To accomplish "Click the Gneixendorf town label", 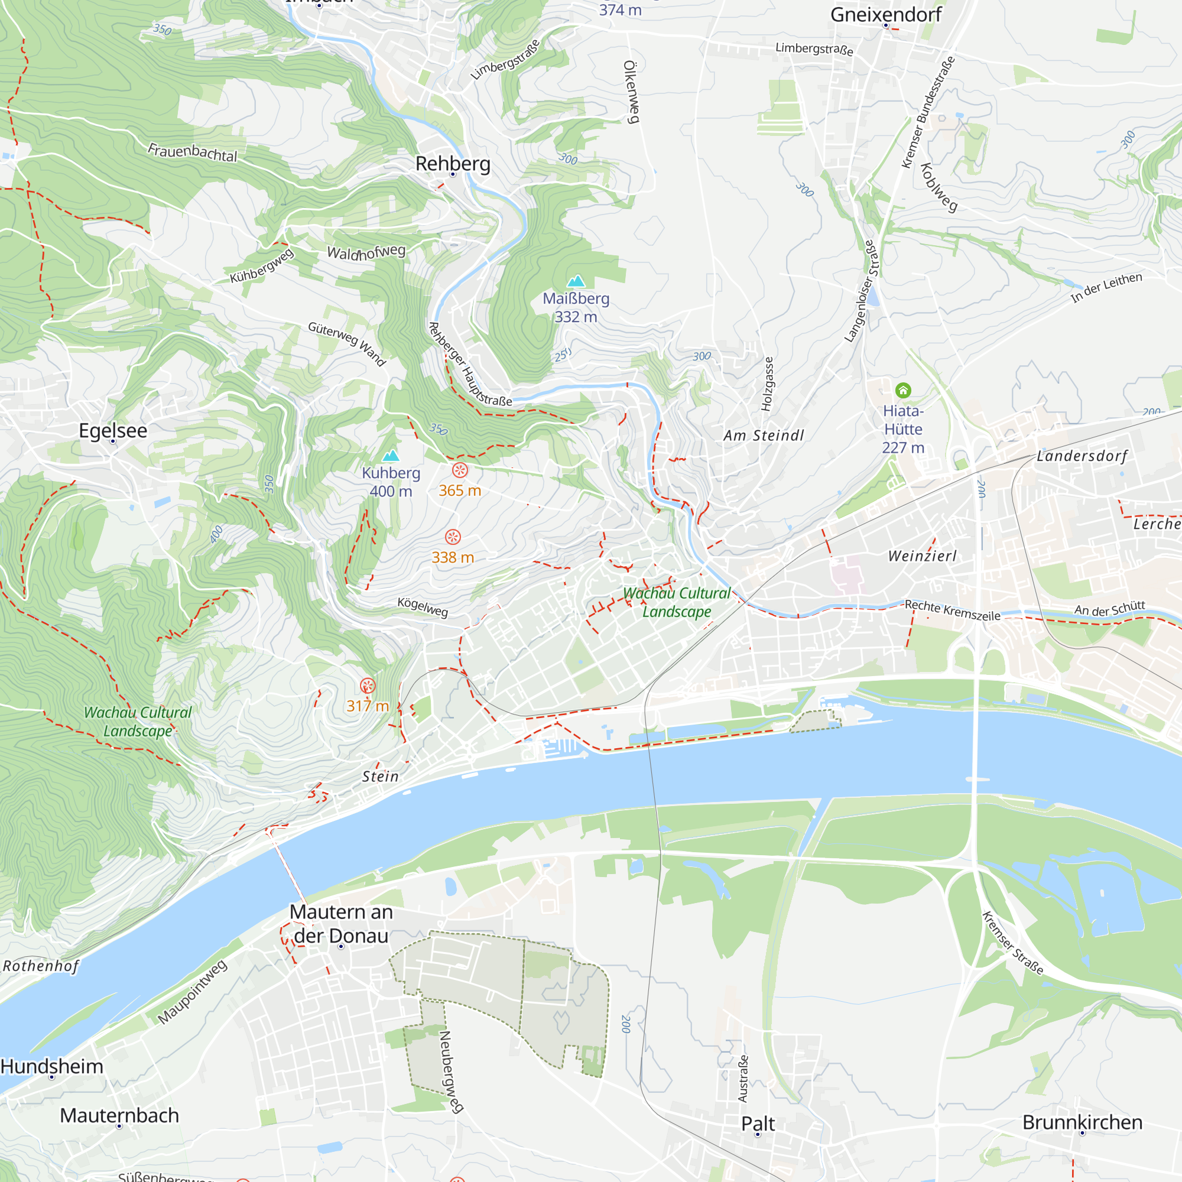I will pyautogui.click(x=885, y=15).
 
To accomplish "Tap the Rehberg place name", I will pyautogui.click(x=453, y=163).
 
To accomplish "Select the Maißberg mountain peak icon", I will pyautogui.click(x=576, y=281).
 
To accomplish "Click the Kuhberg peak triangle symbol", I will pyautogui.click(x=390, y=455).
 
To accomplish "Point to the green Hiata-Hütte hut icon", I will pyautogui.click(x=903, y=390).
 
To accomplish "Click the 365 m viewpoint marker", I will pyautogui.click(x=460, y=470).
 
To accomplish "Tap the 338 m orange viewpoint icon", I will pyautogui.click(x=453, y=537).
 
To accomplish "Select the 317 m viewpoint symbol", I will pyautogui.click(x=368, y=685).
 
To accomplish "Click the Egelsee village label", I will pyautogui.click(x=113, y=430).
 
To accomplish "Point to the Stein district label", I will pyautogui.click(x=380, y=777).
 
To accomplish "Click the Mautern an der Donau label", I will pyautogui.click(x=341, y=923).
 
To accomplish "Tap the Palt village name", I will pyautogui.click(x=758, y=1123).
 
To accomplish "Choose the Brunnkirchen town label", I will pyautogui.click(x=1082, y=1122).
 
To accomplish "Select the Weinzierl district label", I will pyautogui.click(x=922, y=556).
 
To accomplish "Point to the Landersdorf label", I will pyautogui.click(x=1082, y=456).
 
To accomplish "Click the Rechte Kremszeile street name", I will pyautogui.click(x=952, y=610).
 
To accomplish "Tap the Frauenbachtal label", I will pyautogui.click(x=192, y=152).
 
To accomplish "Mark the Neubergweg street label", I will pyautogui.click(x=451, y=1071).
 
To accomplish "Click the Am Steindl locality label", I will pyautogui.click(x=764, y=436).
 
